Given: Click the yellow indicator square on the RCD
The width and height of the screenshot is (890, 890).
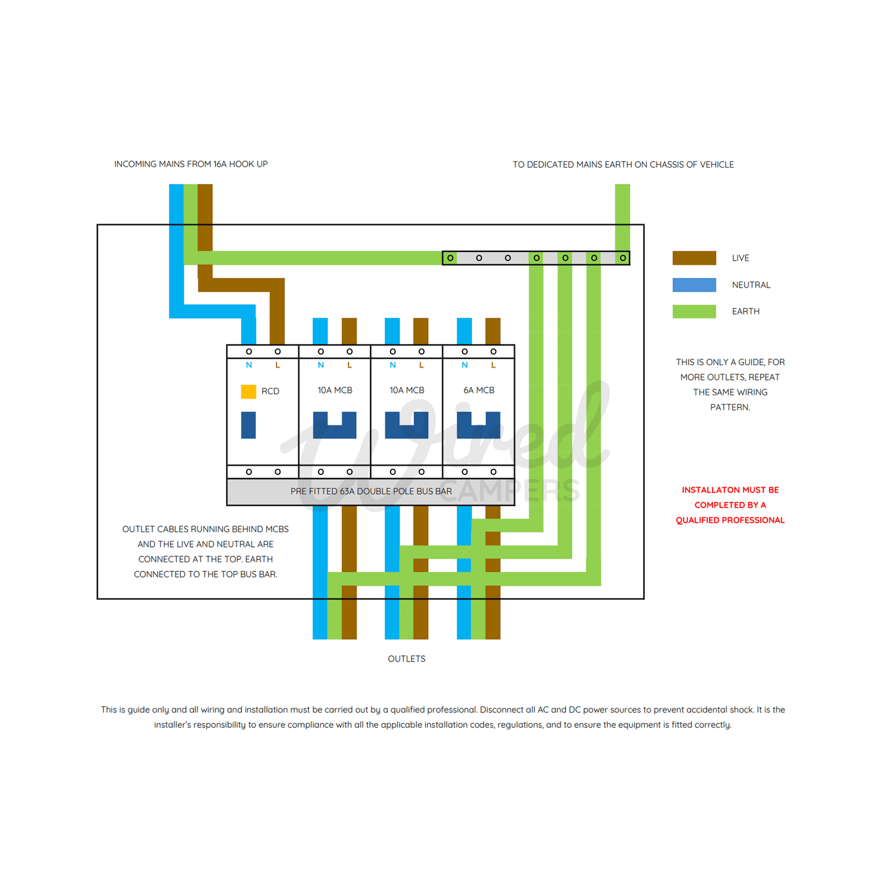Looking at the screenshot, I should tap(248, 392).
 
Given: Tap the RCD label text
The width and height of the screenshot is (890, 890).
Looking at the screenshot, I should tap(270, 392).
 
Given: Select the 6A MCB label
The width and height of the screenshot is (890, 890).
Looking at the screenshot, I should tap(479, 390).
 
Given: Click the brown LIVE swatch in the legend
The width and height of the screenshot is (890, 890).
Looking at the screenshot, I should tap(694, 258).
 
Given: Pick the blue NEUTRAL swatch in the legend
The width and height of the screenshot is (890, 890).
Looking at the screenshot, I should tap(694, 285).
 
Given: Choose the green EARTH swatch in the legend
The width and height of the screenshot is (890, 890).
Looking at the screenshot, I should tap(694, 312).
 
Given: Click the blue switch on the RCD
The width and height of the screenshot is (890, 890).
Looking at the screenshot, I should tap(248, 425).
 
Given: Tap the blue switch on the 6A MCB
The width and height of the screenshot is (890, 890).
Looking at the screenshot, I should tap(479, 426).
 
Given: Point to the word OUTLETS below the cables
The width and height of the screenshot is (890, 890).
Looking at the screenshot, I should tap(407, 659).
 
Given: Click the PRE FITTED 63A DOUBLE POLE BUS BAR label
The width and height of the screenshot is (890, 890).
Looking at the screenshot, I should tap(371, 492).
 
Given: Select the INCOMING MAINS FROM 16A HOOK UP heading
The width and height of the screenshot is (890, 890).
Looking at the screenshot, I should tap(191, 164).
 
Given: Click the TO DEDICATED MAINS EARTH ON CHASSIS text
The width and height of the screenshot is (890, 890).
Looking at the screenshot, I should tap(623, 165).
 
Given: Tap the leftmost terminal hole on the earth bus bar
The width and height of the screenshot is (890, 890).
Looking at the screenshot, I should tap(450, 258).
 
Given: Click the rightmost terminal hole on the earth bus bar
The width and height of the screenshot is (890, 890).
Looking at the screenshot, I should tap(623, 258).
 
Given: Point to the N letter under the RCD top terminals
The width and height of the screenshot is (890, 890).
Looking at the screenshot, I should tap(249, 365).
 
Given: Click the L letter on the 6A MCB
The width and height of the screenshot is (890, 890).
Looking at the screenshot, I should tap(493, 365).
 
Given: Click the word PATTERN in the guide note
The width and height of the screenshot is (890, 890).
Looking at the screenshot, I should tap(730, 408).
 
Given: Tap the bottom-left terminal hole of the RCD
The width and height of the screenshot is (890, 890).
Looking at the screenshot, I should tap(249, 472).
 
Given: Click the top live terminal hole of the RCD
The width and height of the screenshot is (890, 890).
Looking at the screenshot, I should tap(278, 352).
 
